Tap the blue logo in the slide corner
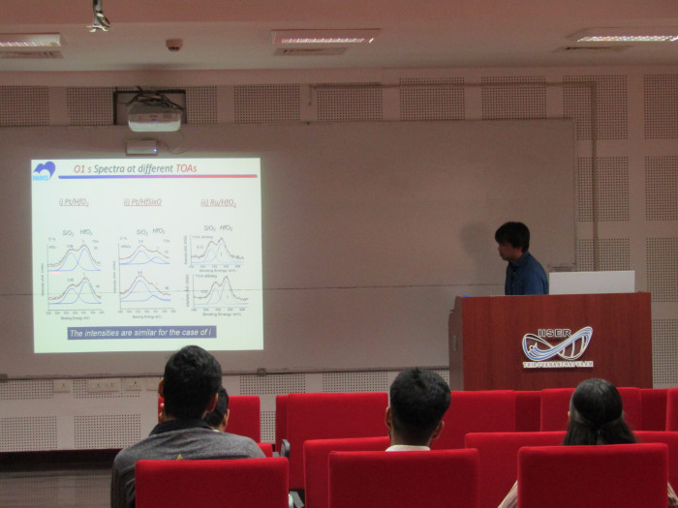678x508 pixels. point(44,171)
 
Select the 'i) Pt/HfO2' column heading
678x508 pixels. point(74,202)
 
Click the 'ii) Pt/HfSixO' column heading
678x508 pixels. point(142,202)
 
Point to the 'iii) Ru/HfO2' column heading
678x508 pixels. point(218,202)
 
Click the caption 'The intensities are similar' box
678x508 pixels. point(141,332)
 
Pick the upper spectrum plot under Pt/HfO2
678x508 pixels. point(75,254)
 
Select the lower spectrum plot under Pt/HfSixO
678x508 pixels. point(145,289)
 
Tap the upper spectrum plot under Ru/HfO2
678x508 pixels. point(217,251)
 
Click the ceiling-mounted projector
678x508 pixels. point(154,118)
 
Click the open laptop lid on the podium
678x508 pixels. point(591,282)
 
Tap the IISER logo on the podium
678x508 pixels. point(557,344)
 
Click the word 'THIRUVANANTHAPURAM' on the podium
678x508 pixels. point(558,365)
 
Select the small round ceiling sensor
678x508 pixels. point(173,45)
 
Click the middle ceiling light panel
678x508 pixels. point(324,38)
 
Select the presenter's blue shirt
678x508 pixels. point(526,275)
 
